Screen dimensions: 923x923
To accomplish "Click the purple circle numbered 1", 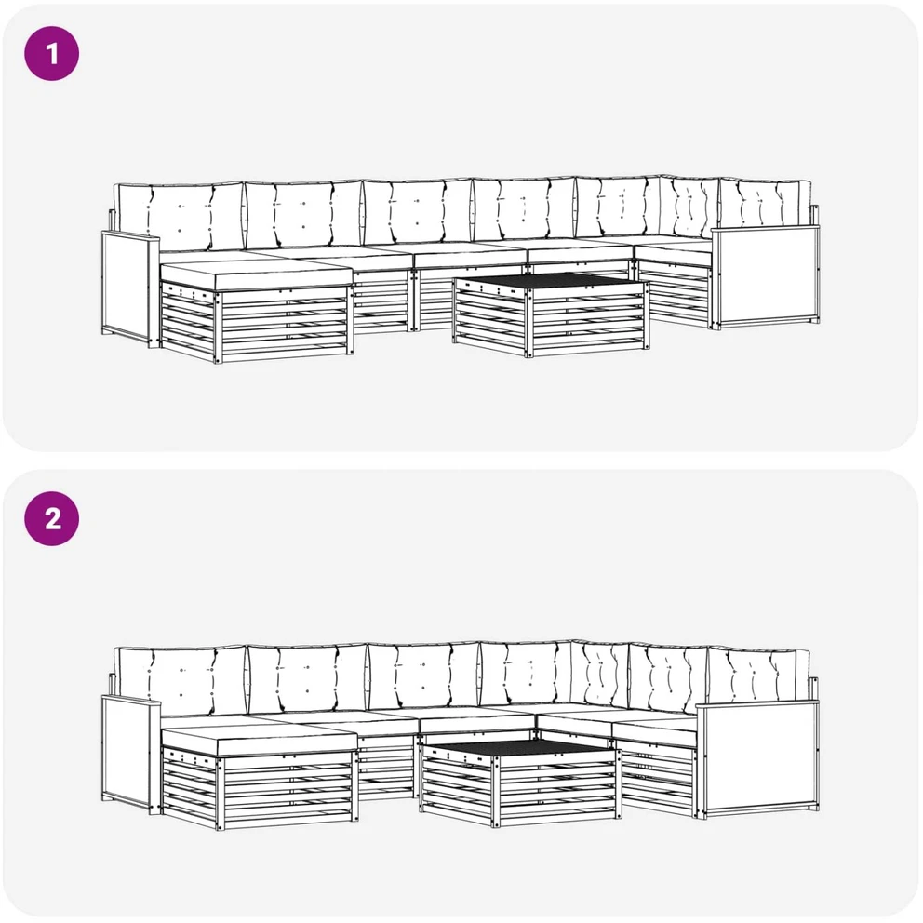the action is pyautogui.click(x=52, y=54).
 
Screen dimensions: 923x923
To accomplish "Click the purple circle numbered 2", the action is pyautogui.click(x=52, y=518).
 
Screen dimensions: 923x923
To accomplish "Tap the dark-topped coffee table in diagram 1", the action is pyautogui.click(x=552, y=314).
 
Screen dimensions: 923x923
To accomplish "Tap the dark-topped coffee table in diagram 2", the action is pyautogui.click(x=520, y=783).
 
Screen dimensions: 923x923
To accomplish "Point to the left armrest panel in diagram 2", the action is pyautogui.click(x=130, y=754).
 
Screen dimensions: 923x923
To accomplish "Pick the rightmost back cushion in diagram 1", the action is pyautogui.click(x=765, y=205).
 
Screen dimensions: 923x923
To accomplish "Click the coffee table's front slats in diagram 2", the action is pyautogui.click(x=558, y=787).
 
